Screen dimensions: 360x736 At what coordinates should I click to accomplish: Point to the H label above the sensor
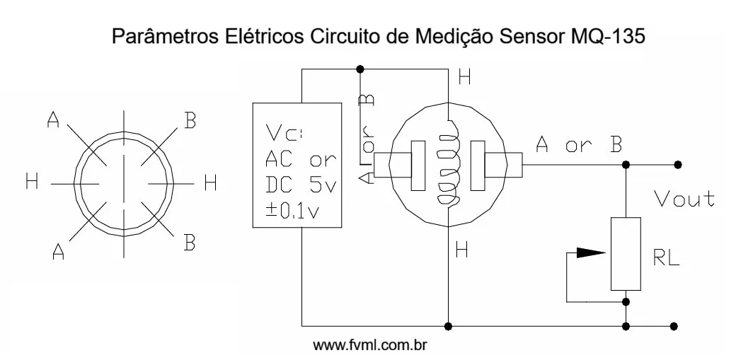[x=464, y=79]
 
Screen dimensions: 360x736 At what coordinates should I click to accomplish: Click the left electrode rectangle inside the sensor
[x=419, y=167]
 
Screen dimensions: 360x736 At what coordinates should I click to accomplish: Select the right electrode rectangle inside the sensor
[x=479, y=167]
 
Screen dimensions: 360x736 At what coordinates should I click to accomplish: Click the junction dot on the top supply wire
[x=360, y=69]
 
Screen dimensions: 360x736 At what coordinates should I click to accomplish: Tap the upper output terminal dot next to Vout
[x=678, y=165]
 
